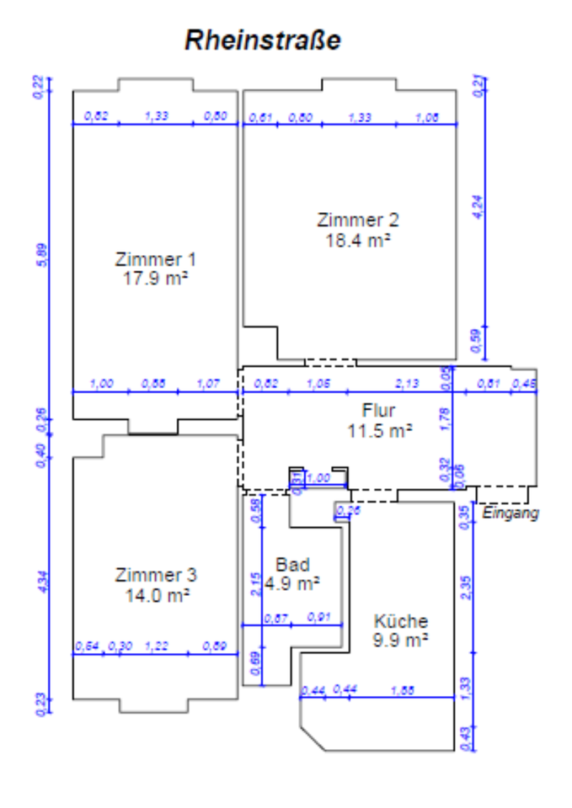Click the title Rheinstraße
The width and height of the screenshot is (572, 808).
[x=263, y=40]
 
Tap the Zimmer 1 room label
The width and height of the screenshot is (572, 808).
[x=155, y=258]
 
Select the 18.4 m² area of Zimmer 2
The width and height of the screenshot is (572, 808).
[x=357, y=240]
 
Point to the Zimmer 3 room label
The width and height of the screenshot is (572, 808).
[x=156, y=576]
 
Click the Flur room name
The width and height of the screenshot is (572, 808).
[x=378, y=411]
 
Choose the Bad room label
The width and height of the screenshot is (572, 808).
[x=292, y=565]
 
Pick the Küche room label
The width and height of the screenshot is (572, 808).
[x=401, y=621]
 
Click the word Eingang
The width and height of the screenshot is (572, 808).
[x=510, y=513]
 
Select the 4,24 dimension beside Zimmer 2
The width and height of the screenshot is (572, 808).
[x=478, y=206]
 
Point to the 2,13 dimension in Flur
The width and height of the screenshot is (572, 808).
[x=408, y=384]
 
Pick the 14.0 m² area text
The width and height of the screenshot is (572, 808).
[x=156, y=595]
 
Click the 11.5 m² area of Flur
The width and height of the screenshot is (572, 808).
[x=379, y=430]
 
